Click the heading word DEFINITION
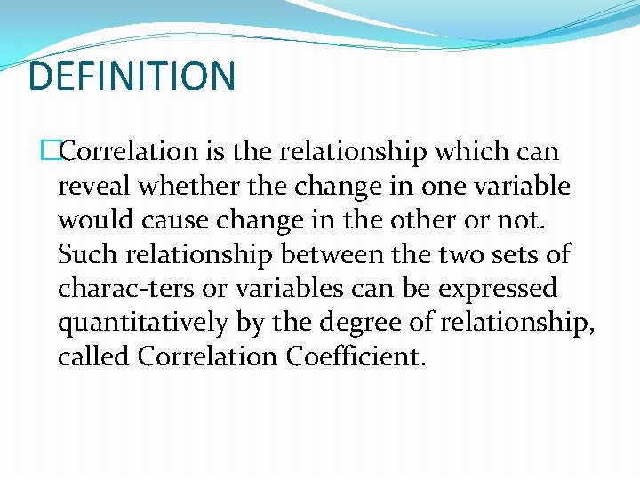pos(132,76)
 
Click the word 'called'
pos(93,357)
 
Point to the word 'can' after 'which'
pos(536,152)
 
